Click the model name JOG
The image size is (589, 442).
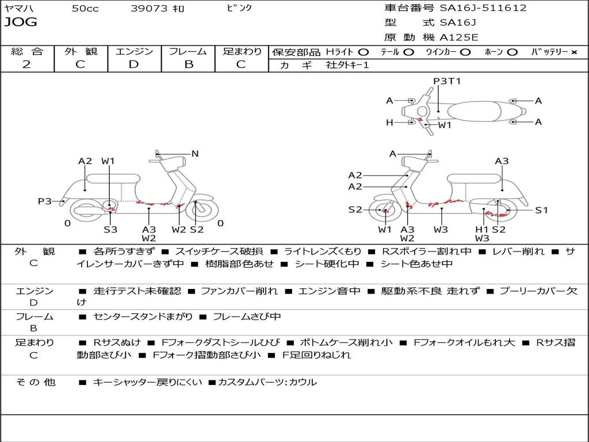(20, 22)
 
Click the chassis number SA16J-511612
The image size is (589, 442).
(483, 8)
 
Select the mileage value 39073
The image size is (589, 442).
(149, 9)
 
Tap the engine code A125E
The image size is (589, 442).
(458, 37)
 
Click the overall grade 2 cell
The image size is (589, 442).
(26, 64)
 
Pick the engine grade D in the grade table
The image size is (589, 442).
(134, 64)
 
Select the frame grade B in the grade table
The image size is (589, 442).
(188, 64)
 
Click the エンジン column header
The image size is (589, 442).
(134, 52)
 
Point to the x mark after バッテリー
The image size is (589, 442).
(573, 52)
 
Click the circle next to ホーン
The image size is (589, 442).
(512, 52)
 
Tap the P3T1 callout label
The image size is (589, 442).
(447, 81)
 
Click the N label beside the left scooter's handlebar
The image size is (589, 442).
(195, 154)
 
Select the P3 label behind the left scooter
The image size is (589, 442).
(45, 201)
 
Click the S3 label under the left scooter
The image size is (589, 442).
(110, 229)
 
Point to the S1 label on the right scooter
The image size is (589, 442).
(541, 210)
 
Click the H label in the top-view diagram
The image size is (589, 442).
(389, 122)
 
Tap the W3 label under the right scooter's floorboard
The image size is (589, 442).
(441, 229)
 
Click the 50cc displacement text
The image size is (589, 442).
(85, 9)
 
